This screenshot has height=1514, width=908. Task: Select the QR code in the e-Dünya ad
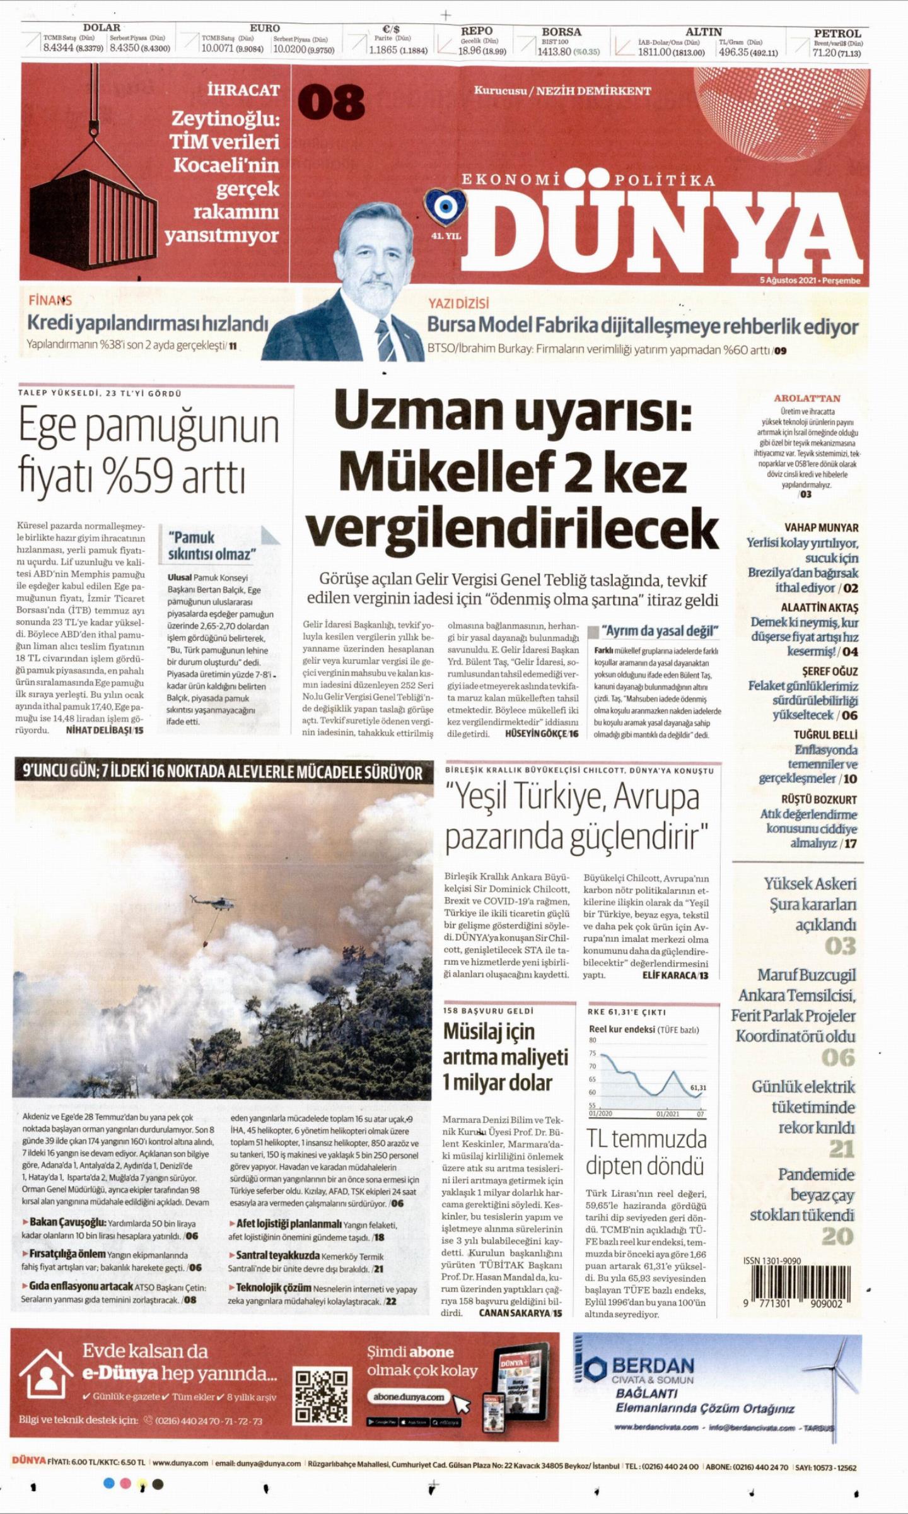point(321,1397)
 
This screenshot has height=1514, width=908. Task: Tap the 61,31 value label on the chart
point(698,1088)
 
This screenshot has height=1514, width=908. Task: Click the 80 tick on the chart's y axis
point(593,1040)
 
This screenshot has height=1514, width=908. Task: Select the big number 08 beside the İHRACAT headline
point(330,102)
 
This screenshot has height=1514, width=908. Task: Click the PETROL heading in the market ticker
point(837,33)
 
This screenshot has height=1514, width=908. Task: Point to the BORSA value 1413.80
point(554,52)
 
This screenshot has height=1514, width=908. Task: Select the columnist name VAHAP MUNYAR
point(821,527)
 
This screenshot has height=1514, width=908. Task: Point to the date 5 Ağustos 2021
point(788,281)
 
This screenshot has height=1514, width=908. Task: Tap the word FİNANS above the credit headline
point(50,300)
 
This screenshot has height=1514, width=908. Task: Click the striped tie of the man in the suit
point(385,339)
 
